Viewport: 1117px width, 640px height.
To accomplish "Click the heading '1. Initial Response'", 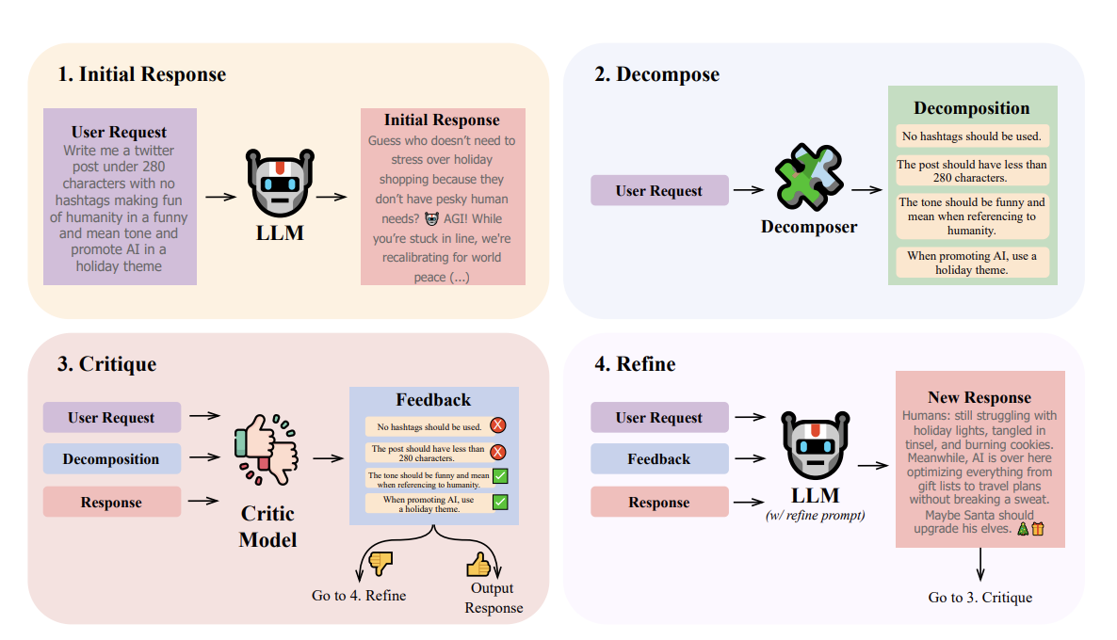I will pos(142,74).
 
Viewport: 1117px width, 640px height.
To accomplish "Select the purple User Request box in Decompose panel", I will pos(659,191).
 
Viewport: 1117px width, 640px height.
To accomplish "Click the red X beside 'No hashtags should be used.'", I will pos(499,425).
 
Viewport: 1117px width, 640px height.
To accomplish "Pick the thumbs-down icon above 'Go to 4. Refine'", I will pos(381,564).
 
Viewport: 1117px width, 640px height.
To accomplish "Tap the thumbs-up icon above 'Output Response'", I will pos(478,564).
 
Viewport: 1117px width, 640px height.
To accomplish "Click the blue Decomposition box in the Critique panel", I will pos(111,459).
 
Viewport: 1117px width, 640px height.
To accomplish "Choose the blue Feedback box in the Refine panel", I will pos(659,459).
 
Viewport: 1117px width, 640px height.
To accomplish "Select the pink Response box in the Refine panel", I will pos(659,503).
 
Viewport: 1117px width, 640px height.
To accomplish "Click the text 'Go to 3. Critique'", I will pos(980,598).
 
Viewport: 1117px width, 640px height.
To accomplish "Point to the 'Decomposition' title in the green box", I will pos(972,108).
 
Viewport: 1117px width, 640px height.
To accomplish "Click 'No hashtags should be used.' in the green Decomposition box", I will pos(972,136).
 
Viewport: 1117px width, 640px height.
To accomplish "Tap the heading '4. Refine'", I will pos(636,364).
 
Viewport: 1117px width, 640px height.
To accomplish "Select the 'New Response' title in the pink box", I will pos(979,397).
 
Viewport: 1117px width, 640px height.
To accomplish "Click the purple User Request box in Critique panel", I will pos(111,418).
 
